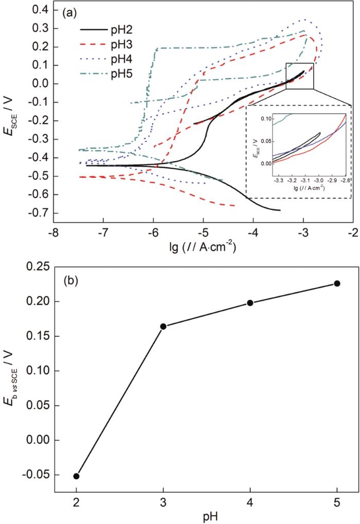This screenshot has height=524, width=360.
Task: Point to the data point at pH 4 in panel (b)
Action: [x=250, y=302]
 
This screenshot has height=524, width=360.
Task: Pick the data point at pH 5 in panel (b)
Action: [x=337, y=283]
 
